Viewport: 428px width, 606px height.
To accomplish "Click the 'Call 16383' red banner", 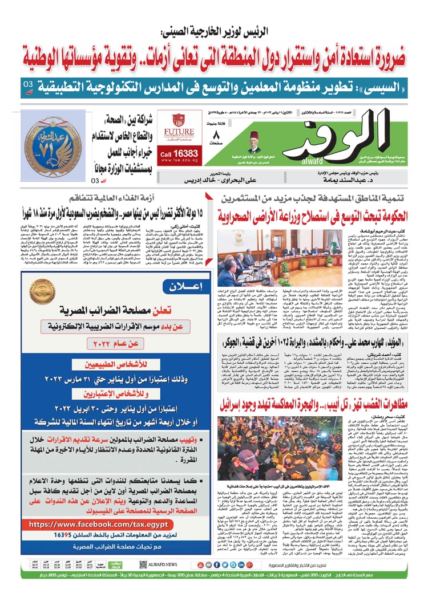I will (x=177, y=154).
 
